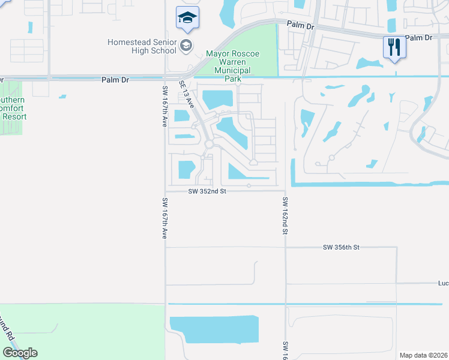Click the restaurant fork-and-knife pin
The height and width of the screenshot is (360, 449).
coord(394,47)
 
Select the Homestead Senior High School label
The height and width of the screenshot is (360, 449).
coord(142,46)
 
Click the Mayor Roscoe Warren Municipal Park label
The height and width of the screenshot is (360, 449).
coord(233,66)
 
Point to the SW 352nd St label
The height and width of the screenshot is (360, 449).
coord(207,191)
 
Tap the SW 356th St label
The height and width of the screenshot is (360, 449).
coord(340,247)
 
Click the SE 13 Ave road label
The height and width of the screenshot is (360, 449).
coord(187,94)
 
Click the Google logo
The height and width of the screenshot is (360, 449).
coord(20,353)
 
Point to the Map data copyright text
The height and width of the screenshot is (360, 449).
coord(424,355)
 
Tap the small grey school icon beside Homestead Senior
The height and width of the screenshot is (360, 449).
coord(186,46)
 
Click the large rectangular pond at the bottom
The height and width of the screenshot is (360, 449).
coord(214,328)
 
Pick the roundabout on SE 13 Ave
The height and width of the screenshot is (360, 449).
coord(209,144)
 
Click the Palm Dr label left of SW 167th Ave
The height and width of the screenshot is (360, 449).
coord(115,79)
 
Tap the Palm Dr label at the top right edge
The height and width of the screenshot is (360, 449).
coord(418,37)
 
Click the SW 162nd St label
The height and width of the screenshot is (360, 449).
coord(285,216)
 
